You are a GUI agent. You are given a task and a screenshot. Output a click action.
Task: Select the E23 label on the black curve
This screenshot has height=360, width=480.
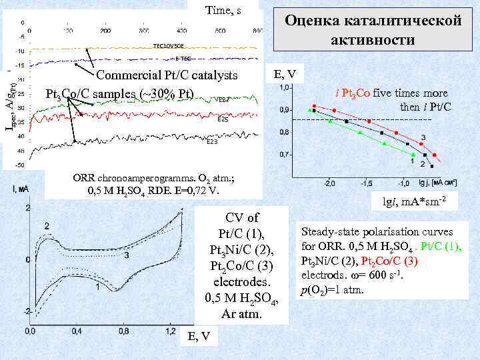[x=211, y=141]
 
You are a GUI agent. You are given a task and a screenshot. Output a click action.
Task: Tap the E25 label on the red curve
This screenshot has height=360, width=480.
[x=223, y=120]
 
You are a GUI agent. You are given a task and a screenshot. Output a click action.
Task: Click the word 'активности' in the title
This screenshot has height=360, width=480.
[x=373, y=40]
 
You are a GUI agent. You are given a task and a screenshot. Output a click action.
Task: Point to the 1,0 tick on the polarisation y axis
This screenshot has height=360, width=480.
[x=285, y=87]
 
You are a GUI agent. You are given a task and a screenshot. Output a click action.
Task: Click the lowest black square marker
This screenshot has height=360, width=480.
[x=432, y=166]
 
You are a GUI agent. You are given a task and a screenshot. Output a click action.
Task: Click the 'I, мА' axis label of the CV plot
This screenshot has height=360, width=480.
[x=21, y=189]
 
